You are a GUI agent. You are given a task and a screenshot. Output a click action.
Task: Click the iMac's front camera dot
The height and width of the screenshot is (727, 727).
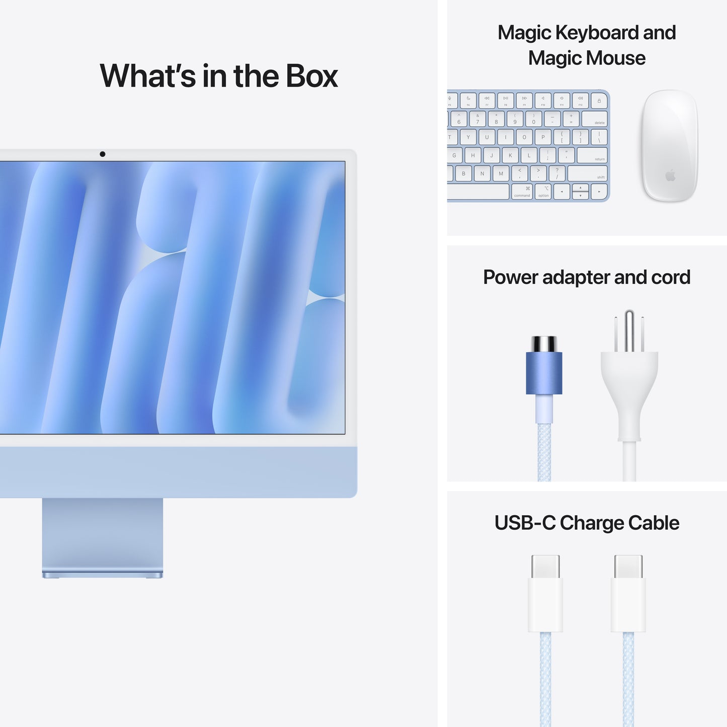click(x=103, y=154)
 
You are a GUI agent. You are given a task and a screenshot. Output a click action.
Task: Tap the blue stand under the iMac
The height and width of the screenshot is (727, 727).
click(x=103, y=536)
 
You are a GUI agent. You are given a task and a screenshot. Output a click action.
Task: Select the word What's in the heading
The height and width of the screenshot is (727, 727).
click(x=147, y=76)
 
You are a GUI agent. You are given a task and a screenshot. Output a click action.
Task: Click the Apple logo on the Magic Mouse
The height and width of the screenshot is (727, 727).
click(x=670, y=175)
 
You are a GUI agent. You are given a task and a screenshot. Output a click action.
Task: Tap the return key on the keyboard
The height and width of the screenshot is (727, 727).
click(x=592, y=155)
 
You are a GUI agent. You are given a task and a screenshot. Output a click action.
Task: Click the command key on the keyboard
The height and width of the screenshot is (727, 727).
click(x=522, y=192)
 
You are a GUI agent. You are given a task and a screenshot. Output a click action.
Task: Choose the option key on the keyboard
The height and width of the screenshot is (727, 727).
click(x=543, y=192)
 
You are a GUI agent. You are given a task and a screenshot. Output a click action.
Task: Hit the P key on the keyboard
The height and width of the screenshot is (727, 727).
click(x=543, y=137)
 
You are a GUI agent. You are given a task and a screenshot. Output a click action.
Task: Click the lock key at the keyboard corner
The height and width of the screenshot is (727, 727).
click(x=599, y=101)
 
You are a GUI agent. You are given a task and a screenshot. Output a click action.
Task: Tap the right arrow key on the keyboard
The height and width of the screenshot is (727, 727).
click(x=599, y=192)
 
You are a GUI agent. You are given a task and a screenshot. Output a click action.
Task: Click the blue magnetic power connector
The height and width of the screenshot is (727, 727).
click(x=544, y=372)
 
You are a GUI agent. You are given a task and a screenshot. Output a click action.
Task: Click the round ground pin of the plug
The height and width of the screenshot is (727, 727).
click(x=629, y=330)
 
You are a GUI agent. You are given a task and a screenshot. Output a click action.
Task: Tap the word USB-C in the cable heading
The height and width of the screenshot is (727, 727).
click(x=525, y=523)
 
